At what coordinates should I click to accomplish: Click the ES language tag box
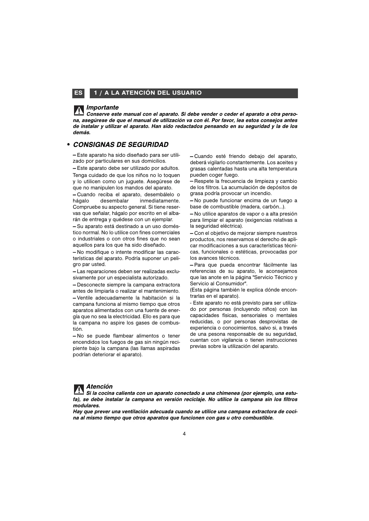click(x=78, y=93)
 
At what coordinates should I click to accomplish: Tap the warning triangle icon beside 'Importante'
click(x=79, y=110)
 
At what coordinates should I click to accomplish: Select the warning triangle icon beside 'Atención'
click(x=79, y=389)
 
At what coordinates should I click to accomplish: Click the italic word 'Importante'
click(x=102, y=107)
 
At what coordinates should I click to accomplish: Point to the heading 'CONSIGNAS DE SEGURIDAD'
click(x=121, y=145)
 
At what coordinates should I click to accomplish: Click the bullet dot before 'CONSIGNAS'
click(x=68, y=145)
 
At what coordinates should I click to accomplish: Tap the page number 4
click(x=184, y=434)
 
